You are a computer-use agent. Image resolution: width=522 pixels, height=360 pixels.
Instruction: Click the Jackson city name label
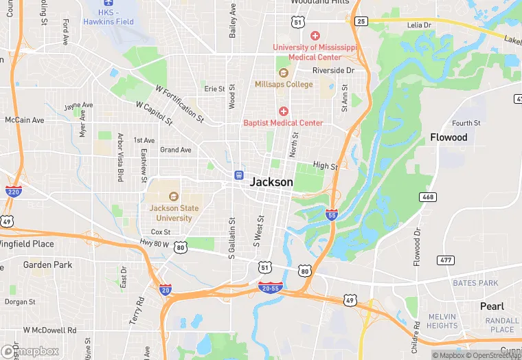pyautogui.click(x=271, y=182)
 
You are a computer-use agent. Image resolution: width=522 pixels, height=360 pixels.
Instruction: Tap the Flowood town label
pyautogui.click(x=449, y=137)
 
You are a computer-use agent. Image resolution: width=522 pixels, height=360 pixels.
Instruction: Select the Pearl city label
pyautogui.click(x=491, y=306)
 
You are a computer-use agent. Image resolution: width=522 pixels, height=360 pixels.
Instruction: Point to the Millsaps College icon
pyautogui.click(x=283, y=73)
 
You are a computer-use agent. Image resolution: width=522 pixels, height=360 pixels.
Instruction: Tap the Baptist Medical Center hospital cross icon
pyautogui.click(x=283, y=111)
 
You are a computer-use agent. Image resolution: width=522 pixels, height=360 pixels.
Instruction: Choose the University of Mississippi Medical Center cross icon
pyautogui.click(x=315, y=36)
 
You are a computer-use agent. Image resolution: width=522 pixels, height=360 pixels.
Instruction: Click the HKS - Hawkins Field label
pyautogui.click(x=109, y=17)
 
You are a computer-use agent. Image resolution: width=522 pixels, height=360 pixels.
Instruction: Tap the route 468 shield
pyautogui.click(x=428, y=197)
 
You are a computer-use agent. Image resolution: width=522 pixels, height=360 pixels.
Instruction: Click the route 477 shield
pyautogui.click(x=446, y=260)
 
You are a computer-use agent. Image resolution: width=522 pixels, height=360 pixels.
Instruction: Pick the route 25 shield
pyautogui.click(x=361, y=21)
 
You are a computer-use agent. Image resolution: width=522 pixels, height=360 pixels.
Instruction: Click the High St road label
pyautogui.click(x=326, y=166)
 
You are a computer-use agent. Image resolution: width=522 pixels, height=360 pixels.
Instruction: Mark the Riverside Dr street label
pyautogui.click(x=333, y=70)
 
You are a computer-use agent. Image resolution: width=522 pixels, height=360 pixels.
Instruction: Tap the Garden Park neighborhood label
pyautogui.click(x=47, y=265)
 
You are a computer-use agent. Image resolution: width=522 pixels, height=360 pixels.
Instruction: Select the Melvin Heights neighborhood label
pyautogui.click(x=442, y=321)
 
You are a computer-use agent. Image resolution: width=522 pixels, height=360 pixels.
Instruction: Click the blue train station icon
pyautogui.click(x=239, y=175)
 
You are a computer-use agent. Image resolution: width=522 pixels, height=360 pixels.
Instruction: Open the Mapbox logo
pyautogui.click(x=31, y=351)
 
